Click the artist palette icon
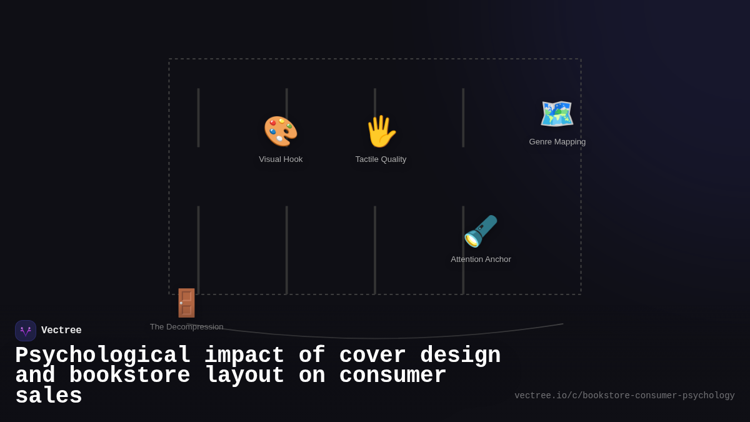coord(281,131)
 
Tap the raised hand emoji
coord(381,131)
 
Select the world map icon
coord(557,114)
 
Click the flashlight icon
coord(481,231)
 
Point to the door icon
coord(186,303)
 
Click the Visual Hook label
coord(281,159)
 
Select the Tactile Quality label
coord(381,159)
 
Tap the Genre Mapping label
coord(557,142)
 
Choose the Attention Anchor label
coord(481,259)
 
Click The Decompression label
coord(186,327)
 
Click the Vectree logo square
coord(26,331)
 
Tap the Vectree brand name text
coord(61,331)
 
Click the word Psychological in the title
coord(102,356)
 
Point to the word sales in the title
coord(49,396)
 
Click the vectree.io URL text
coord(624,396)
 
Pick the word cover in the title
coord(372,356)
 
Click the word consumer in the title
coord(392,376)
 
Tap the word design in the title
coord(460,356)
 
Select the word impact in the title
coord(244,356)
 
